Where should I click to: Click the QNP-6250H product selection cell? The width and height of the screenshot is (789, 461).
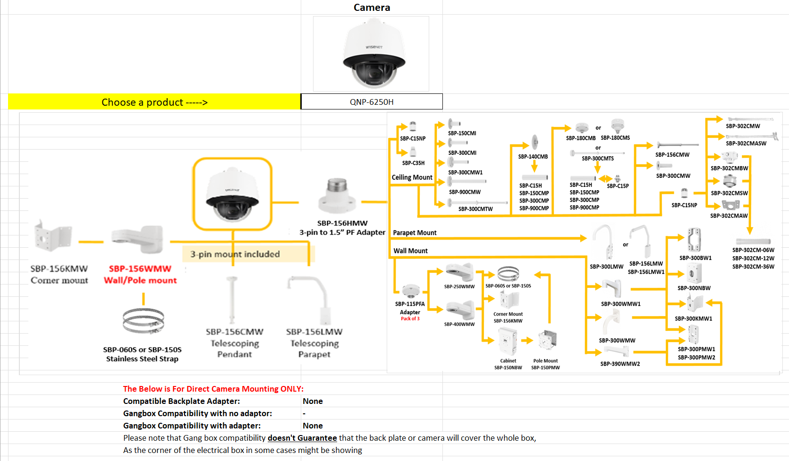[x=372, y=102]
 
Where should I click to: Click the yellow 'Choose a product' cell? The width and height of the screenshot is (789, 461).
[x=154, y=102]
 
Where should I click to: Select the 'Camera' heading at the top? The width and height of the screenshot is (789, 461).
[x=372, y=8]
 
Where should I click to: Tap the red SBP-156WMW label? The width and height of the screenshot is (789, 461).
[x=140, y=269]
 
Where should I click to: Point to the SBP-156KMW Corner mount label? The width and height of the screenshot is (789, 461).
[x=59, y=274]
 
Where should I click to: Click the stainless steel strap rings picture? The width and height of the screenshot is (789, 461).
[x=143, y=321]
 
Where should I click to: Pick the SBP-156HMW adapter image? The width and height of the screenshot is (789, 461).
[x=337, y=196]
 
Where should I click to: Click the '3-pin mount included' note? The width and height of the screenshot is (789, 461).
[x=235, y=254]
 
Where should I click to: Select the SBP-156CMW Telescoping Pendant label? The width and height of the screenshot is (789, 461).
[x=235, y=343]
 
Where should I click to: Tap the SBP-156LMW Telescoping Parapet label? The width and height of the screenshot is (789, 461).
[x=314, y=343]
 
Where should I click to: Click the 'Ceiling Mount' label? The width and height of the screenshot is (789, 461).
[x=412, y=177]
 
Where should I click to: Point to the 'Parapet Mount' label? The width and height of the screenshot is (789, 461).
[x=415, y=233]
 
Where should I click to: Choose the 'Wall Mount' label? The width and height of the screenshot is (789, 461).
[x=410, y=251]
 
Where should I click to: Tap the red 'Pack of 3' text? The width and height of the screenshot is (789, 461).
[x=410, y=319]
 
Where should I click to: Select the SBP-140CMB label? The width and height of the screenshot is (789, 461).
[x=533, y=157]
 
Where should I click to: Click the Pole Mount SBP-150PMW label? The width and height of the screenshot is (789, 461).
[x=545, y=364]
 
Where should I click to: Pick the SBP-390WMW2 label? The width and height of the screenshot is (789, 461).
[x=620, y=364]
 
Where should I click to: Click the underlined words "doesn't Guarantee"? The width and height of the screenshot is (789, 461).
[x=302, y=438]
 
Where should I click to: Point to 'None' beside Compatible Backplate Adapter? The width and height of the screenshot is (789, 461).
[x=313, y=401]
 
